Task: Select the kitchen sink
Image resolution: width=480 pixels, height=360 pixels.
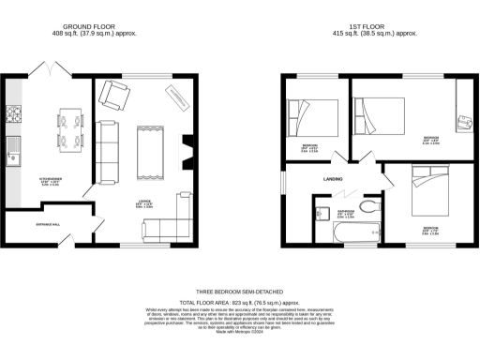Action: click(13, 146)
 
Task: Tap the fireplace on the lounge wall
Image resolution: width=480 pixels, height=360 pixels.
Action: click(186, 150)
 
